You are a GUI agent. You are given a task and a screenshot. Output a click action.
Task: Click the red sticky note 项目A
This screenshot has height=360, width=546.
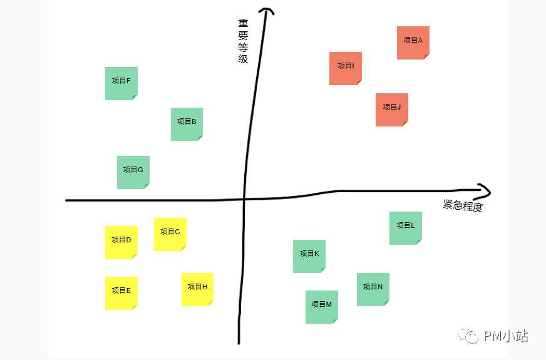(413, 43)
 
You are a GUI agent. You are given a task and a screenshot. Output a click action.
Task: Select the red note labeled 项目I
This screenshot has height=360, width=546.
(346, 69)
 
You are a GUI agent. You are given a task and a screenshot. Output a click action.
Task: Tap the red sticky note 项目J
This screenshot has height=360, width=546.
(392, 110)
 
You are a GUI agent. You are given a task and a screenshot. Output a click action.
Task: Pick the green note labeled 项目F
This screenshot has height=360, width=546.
(121, 83)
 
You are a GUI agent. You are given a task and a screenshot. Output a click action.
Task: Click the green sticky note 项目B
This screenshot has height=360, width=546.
(187, 125)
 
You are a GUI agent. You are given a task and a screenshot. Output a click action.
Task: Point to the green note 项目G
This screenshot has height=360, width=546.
(133, 172)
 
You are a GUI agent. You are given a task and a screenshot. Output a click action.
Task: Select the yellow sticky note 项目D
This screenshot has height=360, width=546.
(121, 243)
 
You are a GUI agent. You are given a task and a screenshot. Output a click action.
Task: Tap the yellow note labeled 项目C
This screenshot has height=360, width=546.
(170, 234)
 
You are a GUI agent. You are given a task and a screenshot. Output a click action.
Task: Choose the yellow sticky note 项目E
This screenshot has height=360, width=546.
(121, 293)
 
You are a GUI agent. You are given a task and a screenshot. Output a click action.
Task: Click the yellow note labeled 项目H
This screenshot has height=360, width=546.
(197, 290)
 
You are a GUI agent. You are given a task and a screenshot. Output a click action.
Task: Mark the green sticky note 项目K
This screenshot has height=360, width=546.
(309, 256)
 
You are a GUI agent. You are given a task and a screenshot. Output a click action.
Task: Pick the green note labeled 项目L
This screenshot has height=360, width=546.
(406, 228)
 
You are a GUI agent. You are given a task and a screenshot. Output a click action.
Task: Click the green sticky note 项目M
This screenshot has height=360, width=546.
(322, 307)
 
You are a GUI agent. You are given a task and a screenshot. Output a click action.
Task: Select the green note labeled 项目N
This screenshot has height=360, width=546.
(373, 290)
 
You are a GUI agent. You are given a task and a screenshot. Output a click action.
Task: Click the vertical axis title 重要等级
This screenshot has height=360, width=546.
(243, 41)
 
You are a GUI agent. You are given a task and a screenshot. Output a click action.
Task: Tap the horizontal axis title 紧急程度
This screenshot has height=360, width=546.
(463, 205)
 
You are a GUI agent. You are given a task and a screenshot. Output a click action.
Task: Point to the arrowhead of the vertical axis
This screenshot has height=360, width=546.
(266, 11)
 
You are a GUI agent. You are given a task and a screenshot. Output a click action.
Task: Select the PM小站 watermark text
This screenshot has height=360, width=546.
(506, 336)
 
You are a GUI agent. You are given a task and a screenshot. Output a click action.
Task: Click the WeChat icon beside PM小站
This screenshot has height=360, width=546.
(468, 336)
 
